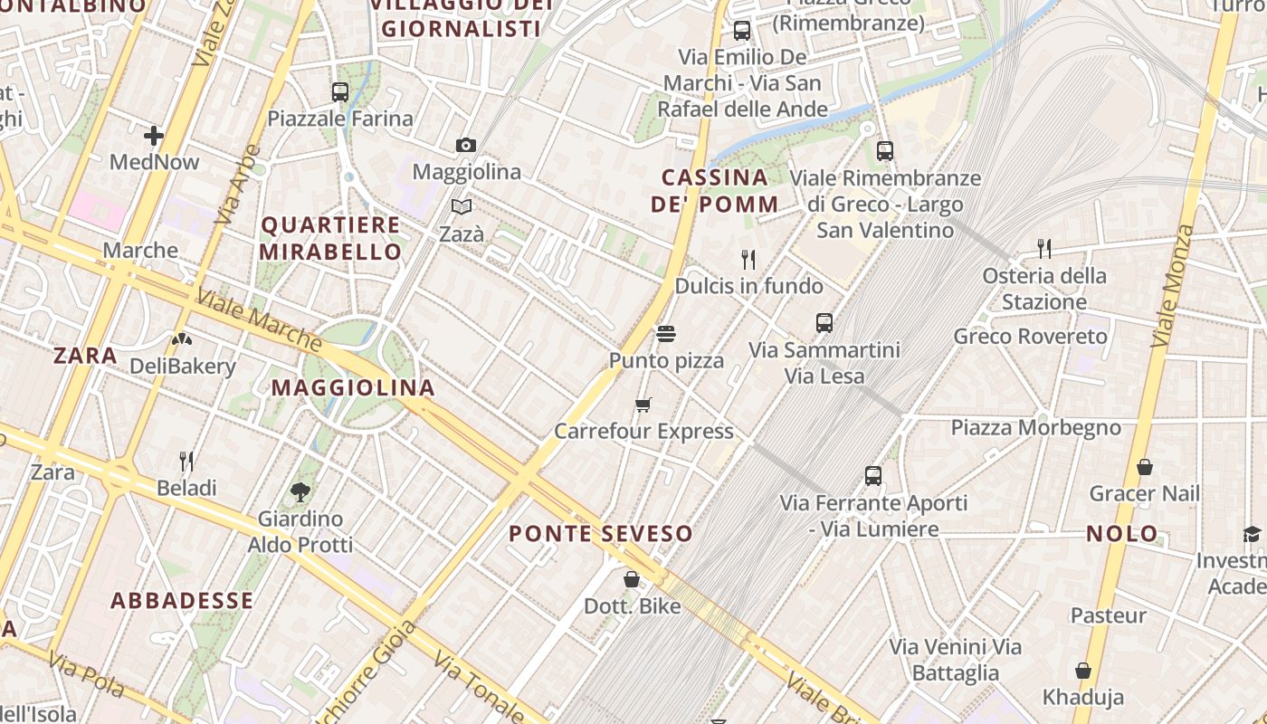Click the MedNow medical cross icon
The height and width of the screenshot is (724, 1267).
(154, 136)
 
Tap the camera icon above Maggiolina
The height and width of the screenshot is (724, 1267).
(466, 145)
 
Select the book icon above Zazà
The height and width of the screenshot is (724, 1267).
(462, 206)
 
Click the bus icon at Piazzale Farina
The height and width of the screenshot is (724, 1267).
(340, 91)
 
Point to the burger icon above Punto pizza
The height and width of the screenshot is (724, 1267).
(666, 334)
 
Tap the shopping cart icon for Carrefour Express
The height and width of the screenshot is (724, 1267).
(643, 405)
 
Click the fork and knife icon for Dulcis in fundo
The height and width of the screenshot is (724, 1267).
(748, 260)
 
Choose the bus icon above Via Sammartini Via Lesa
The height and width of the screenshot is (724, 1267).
(824, 323)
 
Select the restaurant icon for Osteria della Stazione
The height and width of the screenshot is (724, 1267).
(1044, 249)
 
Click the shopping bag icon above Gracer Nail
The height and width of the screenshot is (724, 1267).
(1145, 467)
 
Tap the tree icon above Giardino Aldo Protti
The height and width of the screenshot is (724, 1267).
(300, 492)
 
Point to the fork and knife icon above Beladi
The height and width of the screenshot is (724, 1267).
(186, 462)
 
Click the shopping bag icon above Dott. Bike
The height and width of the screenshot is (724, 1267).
(632, 579)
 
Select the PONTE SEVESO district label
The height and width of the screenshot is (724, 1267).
(601, 533)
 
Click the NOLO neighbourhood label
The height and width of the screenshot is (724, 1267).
(1122, 533)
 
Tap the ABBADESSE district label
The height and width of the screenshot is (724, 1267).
(182, 600)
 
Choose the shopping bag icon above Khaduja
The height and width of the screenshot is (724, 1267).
(1083, 671)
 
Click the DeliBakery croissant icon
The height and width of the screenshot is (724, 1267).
(182, 339)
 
